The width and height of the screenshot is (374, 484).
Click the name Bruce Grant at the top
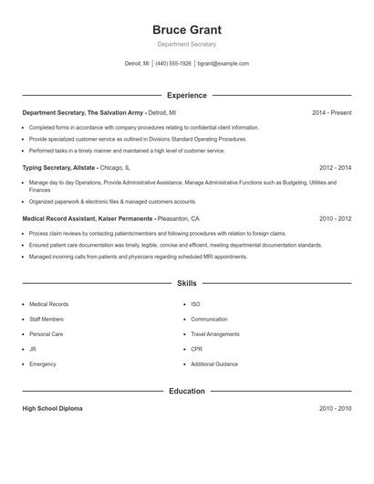pos(187,30)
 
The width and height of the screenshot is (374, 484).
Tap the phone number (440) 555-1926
pos(173,64)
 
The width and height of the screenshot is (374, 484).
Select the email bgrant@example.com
pos(223,64)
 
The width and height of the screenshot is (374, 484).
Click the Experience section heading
pos(187,95)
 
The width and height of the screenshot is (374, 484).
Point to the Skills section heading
pos(187,284)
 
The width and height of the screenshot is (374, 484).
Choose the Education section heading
pos(187,391)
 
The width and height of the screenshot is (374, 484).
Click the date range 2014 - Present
pos(331,112)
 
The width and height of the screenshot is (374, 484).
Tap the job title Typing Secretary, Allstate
pos(58,168)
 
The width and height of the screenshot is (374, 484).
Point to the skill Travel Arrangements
pos(215,334)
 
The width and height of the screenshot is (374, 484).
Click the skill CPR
pos(196,349)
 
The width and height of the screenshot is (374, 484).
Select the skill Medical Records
pos(48,304)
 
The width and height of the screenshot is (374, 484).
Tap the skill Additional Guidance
pos(214,364)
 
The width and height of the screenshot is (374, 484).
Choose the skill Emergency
pos(43,364)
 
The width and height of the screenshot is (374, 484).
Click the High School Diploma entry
pos(52,408)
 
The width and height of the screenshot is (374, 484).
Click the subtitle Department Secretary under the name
pos(187,44)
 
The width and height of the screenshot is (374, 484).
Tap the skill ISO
pos(195,304)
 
